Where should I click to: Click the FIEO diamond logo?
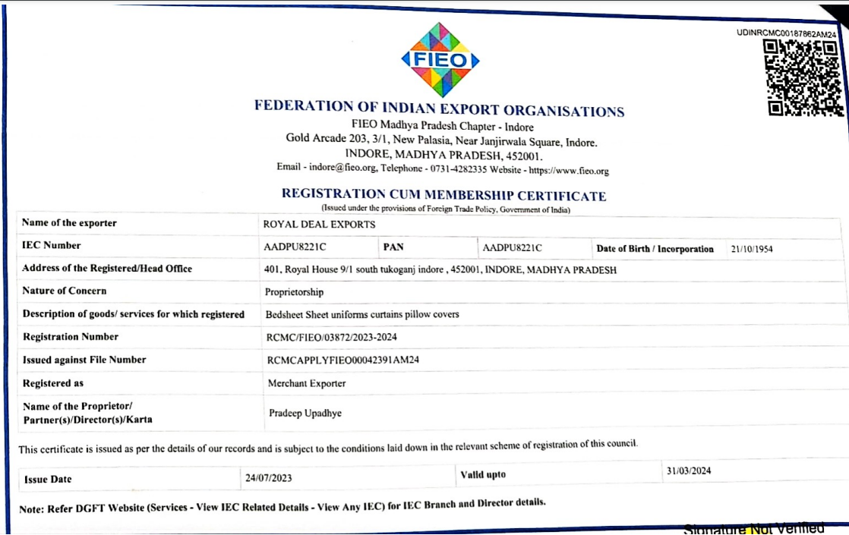tap(440, 60)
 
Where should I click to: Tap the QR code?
tap(804, 78)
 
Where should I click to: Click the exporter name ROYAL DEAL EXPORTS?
tap(319, 225)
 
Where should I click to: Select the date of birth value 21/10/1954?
tap(751, 249)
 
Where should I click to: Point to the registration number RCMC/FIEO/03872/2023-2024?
tap(331, 337)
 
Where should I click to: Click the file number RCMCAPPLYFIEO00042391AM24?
tap(343, 360)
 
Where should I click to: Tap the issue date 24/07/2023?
tap(268, 478)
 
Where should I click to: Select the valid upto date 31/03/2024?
tap(689, 471)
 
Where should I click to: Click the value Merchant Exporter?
tap(307, 384)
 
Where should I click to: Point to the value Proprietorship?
tap(294, 292)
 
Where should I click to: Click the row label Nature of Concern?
tap(65, 291)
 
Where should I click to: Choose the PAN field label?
tap(393, 247)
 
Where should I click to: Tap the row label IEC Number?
tap(52, 245)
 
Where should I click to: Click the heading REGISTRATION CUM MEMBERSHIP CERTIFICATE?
tap(443, 195)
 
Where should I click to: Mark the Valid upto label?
tap(483, 475)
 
